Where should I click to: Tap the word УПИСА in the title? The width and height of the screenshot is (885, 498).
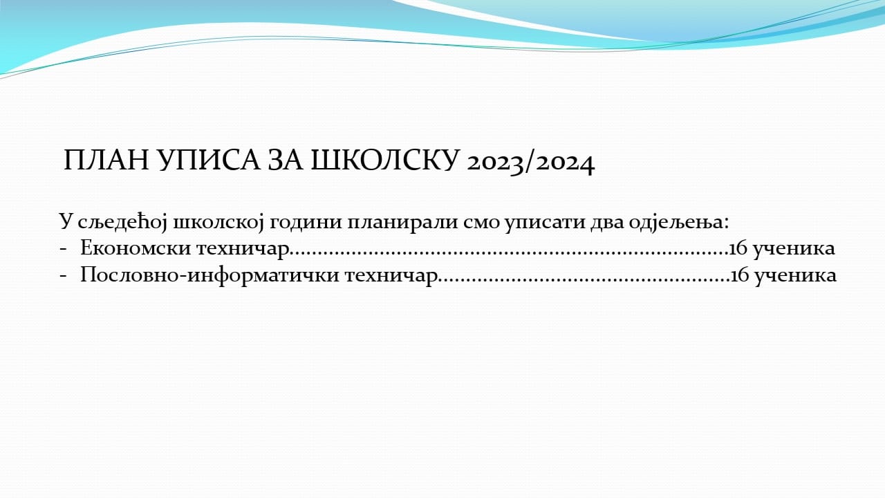209,160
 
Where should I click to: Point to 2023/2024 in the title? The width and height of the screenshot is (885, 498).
530,163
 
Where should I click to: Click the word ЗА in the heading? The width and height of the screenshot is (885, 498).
286,160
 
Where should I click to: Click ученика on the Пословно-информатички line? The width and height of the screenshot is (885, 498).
796,277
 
